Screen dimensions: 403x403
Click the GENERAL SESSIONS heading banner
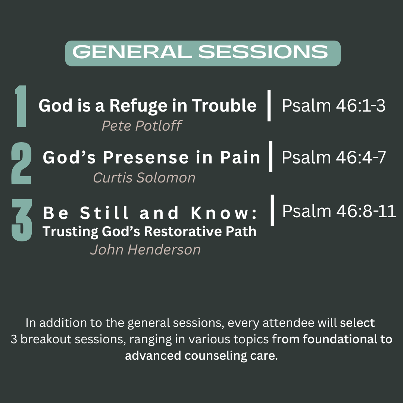pos(203,53)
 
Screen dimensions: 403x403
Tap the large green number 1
pos(21,106)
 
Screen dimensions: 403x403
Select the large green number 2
pos(21,163)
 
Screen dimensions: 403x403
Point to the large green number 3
pos(22,220)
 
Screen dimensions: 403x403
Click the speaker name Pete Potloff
pos(142,126)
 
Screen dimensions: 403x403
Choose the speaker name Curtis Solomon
pos(144,178)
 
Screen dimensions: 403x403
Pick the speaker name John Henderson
pos(145,250)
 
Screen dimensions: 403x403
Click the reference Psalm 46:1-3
pos(334,105)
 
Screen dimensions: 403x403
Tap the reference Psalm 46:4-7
pos(334,157)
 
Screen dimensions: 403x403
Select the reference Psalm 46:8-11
pos(339,211)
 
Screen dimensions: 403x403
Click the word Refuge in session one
pos(138,106)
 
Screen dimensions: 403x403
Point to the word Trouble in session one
pos(224,105)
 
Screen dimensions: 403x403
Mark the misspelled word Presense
pos(146,157)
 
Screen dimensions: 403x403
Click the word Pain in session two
pos(240,157)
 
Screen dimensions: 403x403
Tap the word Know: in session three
pos(224,213)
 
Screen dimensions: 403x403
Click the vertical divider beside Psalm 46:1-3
pos(269,106)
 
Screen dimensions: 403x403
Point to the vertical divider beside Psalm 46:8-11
pos(272,210)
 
